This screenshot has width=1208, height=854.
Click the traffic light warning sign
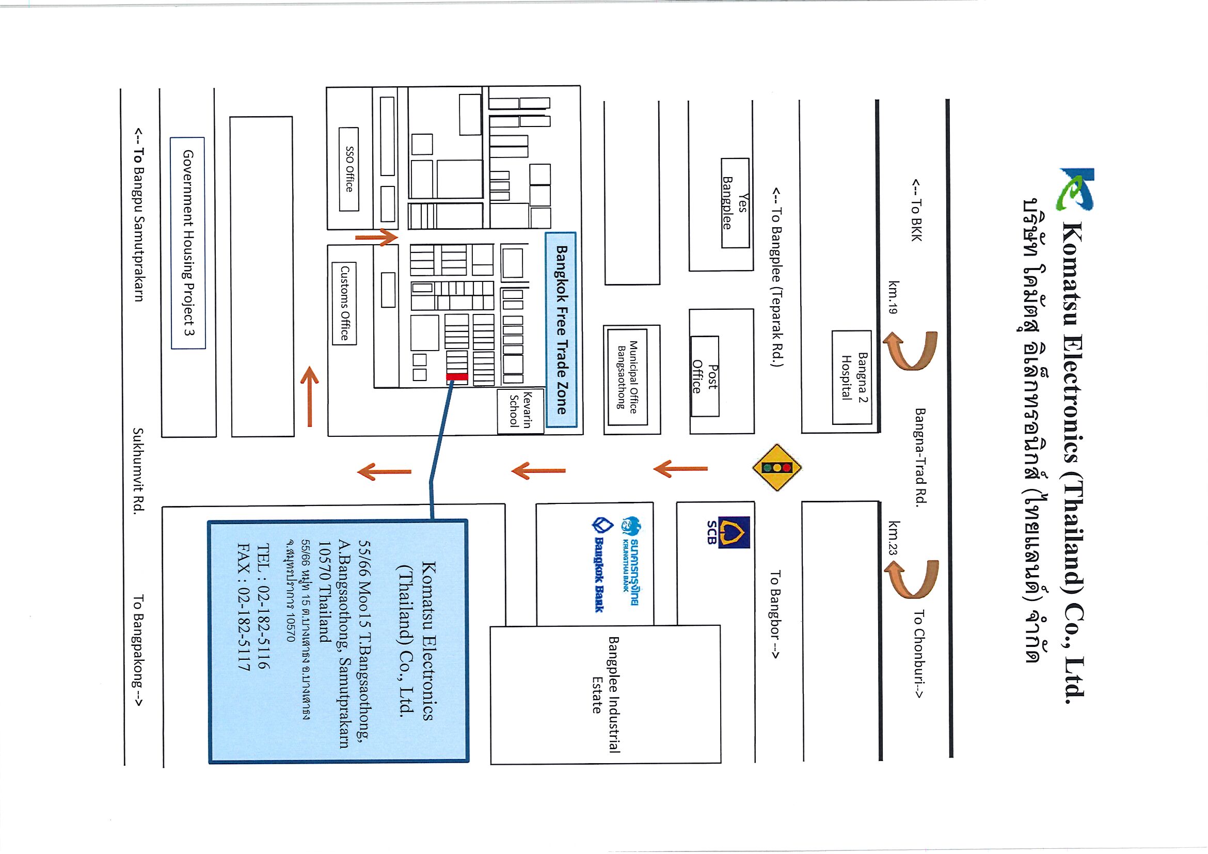(777, 467)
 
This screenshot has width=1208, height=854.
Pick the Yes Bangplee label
(735, 202)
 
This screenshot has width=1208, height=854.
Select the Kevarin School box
(520, 411)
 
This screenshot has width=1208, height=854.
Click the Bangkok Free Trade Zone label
(561, 330)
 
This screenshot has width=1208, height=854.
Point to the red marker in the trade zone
(457, 376)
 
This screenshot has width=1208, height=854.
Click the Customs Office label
(345, 303)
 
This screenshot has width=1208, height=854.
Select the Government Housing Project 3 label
(188, 243)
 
